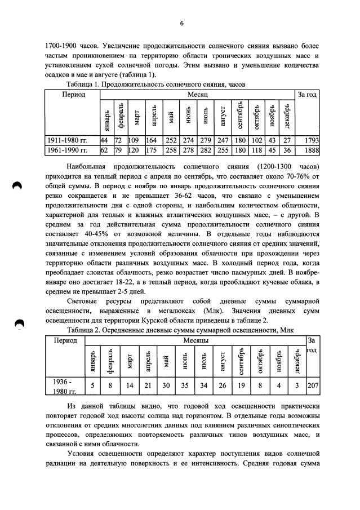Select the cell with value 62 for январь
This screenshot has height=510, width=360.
tap(104, 150)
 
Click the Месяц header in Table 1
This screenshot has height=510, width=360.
tap(198, 94)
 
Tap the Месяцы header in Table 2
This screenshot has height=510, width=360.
tap(195, 340)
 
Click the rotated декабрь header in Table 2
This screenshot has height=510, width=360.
tap(296, 360)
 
